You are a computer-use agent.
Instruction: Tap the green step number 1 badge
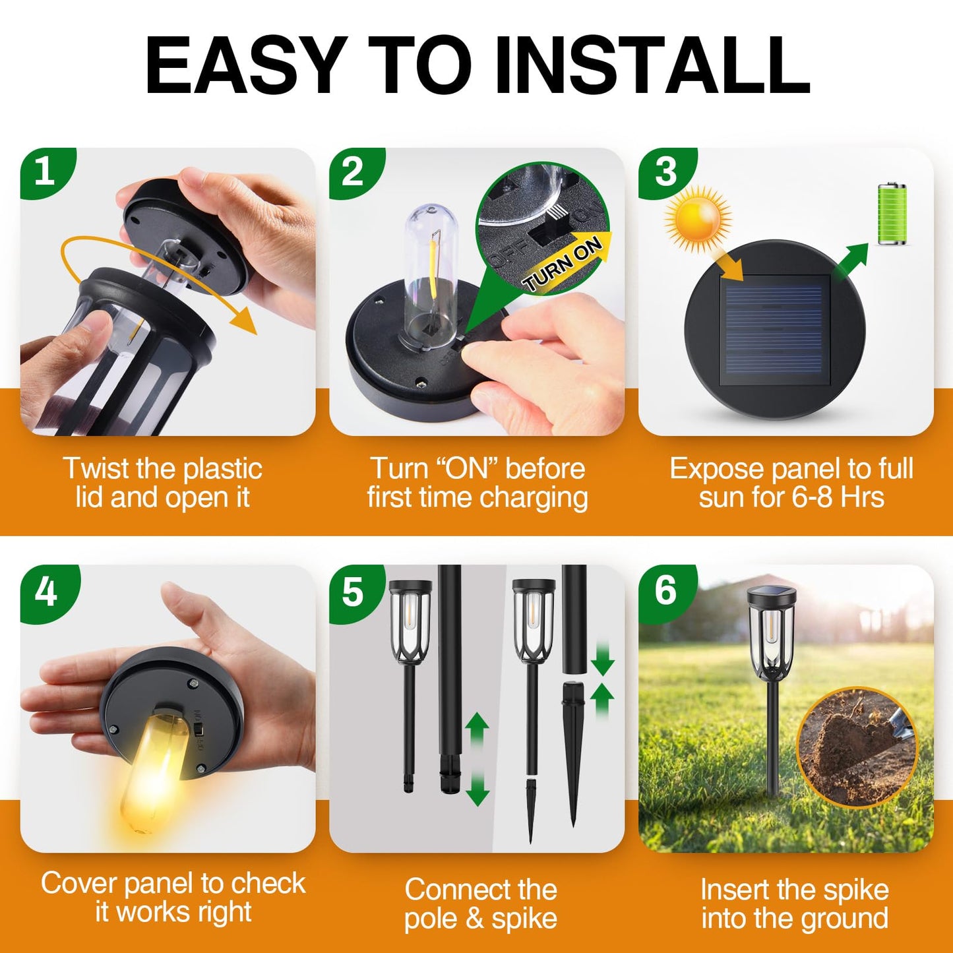45,171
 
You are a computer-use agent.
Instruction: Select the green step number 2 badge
354,171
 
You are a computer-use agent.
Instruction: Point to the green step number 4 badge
46,591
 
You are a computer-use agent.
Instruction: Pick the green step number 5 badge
354,591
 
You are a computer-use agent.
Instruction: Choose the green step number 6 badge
665,589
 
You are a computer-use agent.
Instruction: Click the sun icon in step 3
698,219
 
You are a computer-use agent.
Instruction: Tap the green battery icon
892,214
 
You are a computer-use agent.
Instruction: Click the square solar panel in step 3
774,330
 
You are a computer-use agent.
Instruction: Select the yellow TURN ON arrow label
565,264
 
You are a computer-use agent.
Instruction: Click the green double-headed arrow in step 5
477,759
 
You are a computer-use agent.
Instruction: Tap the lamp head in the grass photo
772,627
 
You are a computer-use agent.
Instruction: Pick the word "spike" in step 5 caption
524,919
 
